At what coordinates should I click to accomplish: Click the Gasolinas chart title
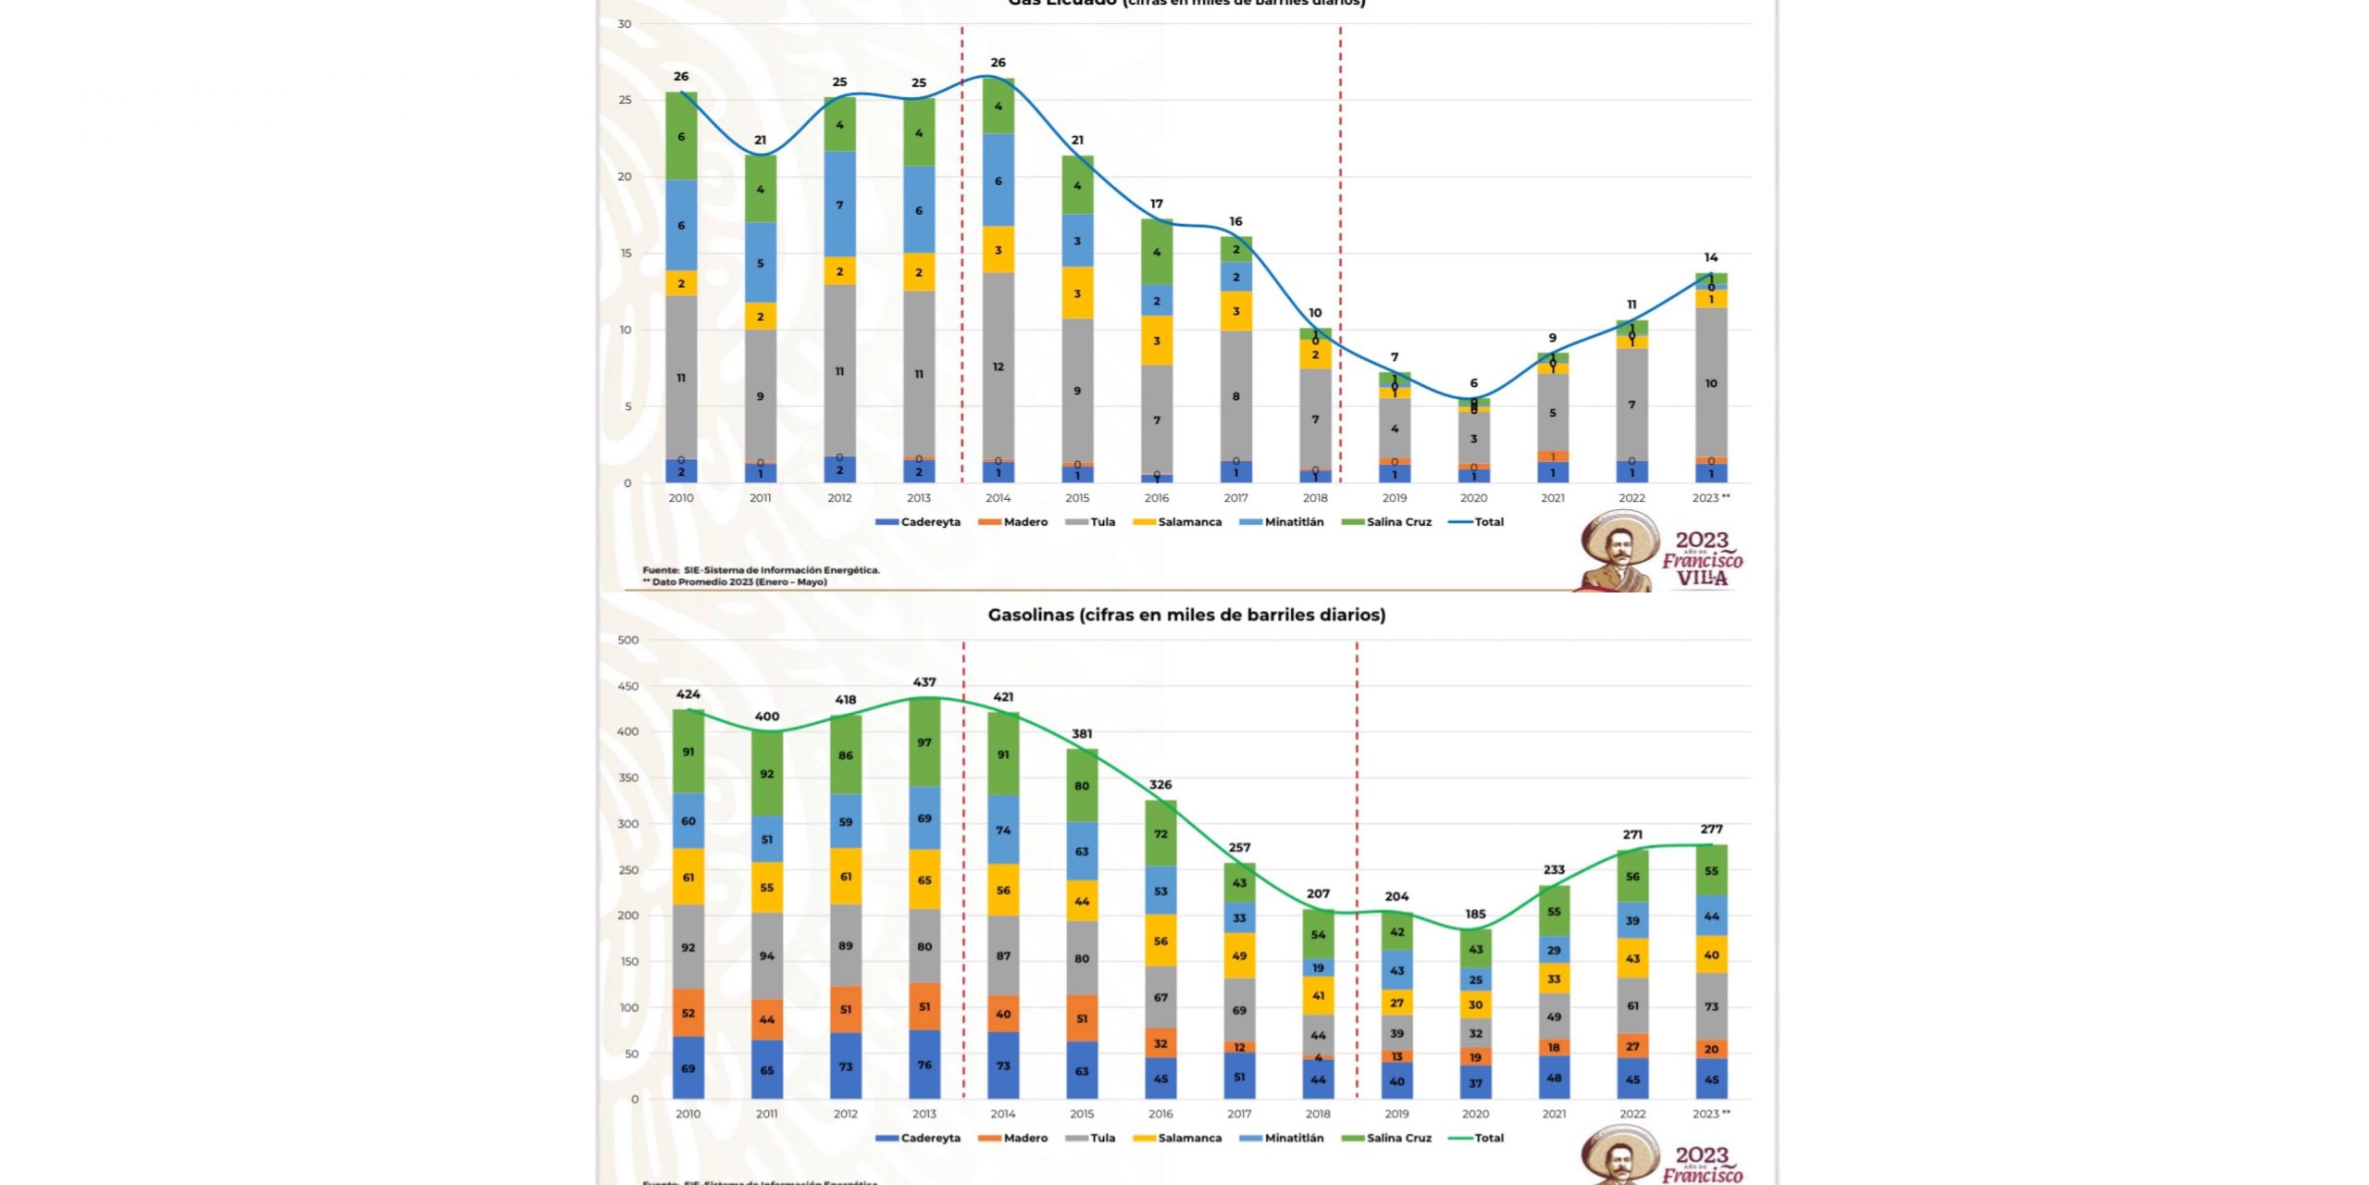point(1186,615)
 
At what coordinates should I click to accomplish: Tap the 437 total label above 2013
point(924,682)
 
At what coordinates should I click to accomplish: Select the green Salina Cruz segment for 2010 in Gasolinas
point(688,752)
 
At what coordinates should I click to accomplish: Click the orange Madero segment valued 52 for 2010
point(688,1013)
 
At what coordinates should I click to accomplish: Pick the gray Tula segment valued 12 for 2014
point(998,367)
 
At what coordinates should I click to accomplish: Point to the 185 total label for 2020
point(1475,914)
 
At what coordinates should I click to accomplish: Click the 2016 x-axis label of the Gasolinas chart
point(1160,1114)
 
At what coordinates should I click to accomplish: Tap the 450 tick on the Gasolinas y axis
point(628,686)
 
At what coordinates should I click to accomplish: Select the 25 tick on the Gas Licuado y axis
point(626,100)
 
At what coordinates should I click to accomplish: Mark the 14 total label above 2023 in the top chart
point(1711,257)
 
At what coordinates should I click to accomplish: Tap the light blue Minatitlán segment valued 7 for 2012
point(839,205)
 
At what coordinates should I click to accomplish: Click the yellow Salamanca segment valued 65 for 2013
point(924,879)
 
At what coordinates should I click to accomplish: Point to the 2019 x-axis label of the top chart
point(1395,498)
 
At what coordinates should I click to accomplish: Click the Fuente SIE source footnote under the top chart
point(761,570)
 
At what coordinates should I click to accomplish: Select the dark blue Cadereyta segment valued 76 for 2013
point(924,1065)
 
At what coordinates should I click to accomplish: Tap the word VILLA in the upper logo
point(1702,579)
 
